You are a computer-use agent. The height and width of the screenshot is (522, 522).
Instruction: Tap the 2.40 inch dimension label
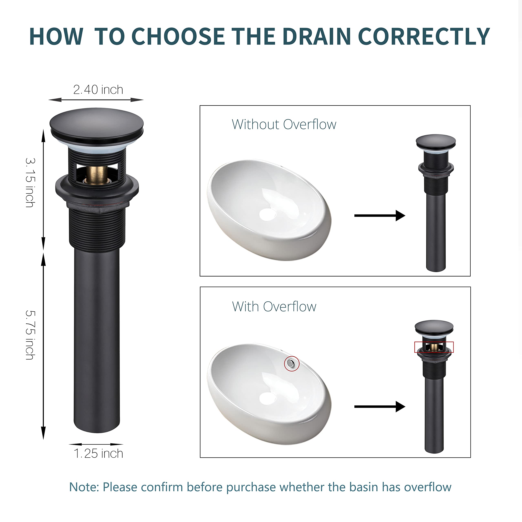click(98, 90)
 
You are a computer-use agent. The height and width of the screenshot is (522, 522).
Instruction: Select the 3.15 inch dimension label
click(30, 183)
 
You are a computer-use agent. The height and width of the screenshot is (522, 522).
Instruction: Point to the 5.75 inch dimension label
click(30, 335)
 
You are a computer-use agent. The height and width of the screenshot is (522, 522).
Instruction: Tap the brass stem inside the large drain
click(96, 175)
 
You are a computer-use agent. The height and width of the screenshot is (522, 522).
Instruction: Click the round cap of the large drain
click(96, 126)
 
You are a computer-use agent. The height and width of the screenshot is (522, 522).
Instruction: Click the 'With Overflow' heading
click(274, 307)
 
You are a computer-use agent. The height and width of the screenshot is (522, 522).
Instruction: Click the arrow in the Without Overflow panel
click(380, 215)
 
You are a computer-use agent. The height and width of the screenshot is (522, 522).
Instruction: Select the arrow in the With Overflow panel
click(380, 406)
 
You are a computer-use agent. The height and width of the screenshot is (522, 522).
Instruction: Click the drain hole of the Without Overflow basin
click(268, 214)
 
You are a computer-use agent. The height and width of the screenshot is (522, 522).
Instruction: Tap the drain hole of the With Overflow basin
click(268, 398)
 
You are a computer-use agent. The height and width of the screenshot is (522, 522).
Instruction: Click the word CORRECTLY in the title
click(424, 36)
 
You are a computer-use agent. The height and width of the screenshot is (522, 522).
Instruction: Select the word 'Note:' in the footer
click(84, 487)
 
